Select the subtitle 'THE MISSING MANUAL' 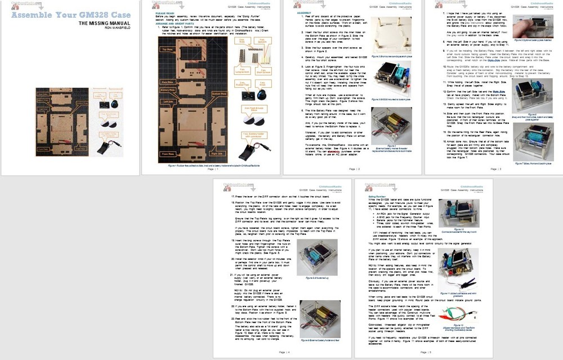point(106,24)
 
